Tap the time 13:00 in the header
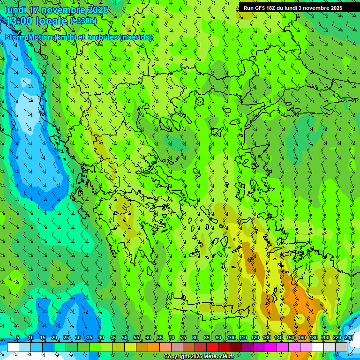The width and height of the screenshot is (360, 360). pyautogui.click(x=19, y=21)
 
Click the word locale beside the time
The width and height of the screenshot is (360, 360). pyautogui.click(x=52, y=21)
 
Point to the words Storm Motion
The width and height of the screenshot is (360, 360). pyautogui.click(x=29, y=37)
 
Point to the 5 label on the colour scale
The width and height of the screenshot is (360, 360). pyautogui.click(x=18, y=338)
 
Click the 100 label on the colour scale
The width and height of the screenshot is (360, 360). pyautogui.click(x=232, y=338)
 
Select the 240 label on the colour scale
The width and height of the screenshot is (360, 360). pyautogui.click(x=348, y=338)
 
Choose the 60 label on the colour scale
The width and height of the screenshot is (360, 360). pyautogui.click(x=148, y=338)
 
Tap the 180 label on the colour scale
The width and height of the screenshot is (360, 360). pyautogui.click(x=313, y=338)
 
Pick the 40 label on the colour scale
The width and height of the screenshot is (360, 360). pyautogui.click(x=101, y=338)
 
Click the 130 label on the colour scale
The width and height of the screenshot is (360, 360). pyautogui.click(x=267, y=338)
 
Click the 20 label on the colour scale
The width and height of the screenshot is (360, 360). pyautogui.click(x=54, y=338)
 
